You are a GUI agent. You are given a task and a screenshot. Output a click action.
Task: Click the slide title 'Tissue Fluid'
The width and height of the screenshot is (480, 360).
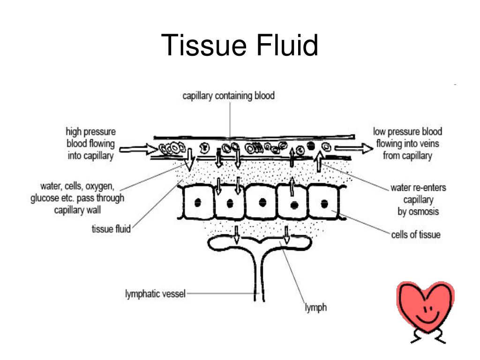(240, 47)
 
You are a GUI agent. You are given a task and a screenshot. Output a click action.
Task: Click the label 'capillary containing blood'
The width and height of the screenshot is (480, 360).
(228, 97)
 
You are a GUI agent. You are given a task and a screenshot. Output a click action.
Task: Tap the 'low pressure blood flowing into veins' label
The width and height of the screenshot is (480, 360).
(407, 143)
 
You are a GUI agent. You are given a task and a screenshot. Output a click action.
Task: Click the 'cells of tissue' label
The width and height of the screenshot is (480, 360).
(416, 235)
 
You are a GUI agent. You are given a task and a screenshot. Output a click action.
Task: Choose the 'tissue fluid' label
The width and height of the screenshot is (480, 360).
(111, 229)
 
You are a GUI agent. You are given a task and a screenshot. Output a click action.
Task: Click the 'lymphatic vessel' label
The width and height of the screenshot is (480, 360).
(155, 294)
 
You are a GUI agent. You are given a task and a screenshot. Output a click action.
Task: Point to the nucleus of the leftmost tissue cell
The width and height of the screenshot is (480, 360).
(198, 202)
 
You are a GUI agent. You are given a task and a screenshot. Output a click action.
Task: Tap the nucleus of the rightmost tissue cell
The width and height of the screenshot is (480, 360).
(324, 203)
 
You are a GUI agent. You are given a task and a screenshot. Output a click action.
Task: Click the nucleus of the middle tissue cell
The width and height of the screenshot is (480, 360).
(262, 202)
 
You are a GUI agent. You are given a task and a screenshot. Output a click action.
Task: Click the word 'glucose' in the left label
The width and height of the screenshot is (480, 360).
(43, 198)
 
